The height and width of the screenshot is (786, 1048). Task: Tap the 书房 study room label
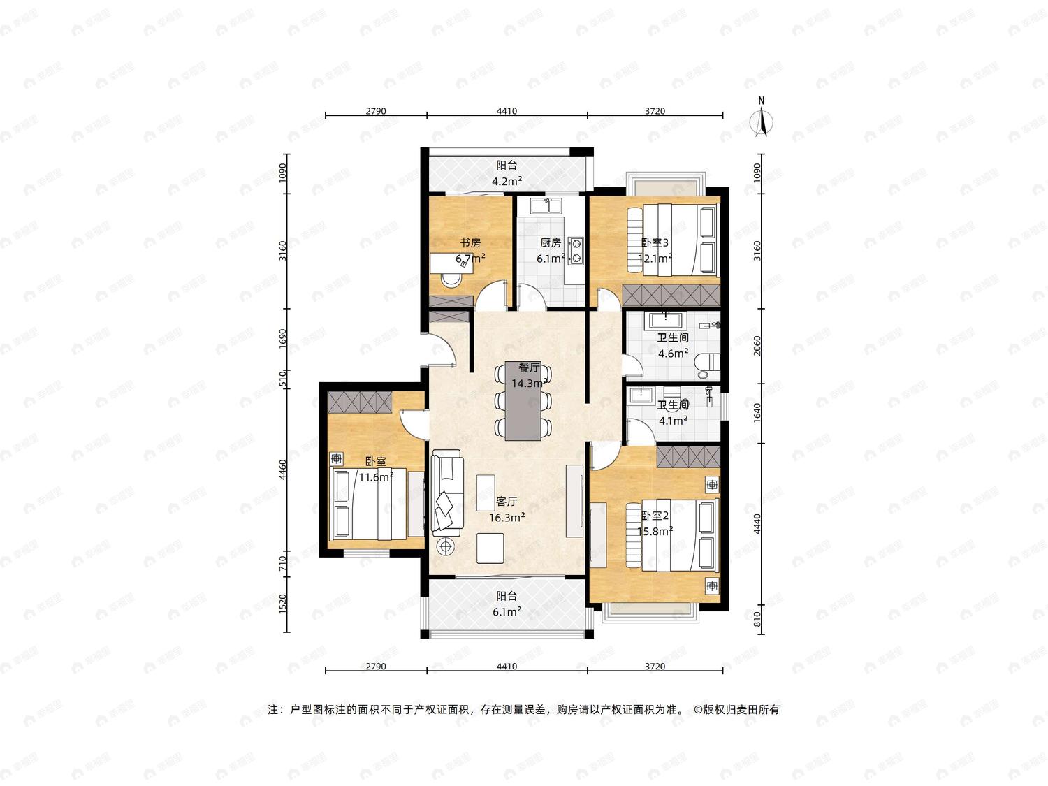pyautogui.click(x=470, y=242)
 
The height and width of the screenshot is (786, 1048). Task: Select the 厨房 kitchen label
pyautogui.click(x=551, y=242)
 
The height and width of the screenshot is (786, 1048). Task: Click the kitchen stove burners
pyautogui.click(x=576, y=251)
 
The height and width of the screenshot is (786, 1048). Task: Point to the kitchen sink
pyautogui.click(x=546, y=206)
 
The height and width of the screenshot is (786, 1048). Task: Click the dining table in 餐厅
pyautogui.click(x=523, y=401)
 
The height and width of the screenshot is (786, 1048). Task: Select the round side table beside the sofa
pyautogui.click(x=446, y=546)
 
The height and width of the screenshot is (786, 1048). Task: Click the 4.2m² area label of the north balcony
pyautogui.click(x=507, y=182)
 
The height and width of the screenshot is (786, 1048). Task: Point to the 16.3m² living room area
pyautogui.click(x=507, y=517)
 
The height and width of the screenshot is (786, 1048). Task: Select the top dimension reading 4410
pyautogui.click(x=507, y=111)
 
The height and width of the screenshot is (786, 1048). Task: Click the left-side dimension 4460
pyautogui.click(x=283, y=470)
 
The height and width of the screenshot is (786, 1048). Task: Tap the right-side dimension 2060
pyautogui.click(x=757, y=346)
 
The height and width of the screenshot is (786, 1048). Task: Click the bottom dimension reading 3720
pyautogui.click(x=655, y=667)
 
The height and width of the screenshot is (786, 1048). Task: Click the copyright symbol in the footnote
pyautogui.click(x=697, y=710)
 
